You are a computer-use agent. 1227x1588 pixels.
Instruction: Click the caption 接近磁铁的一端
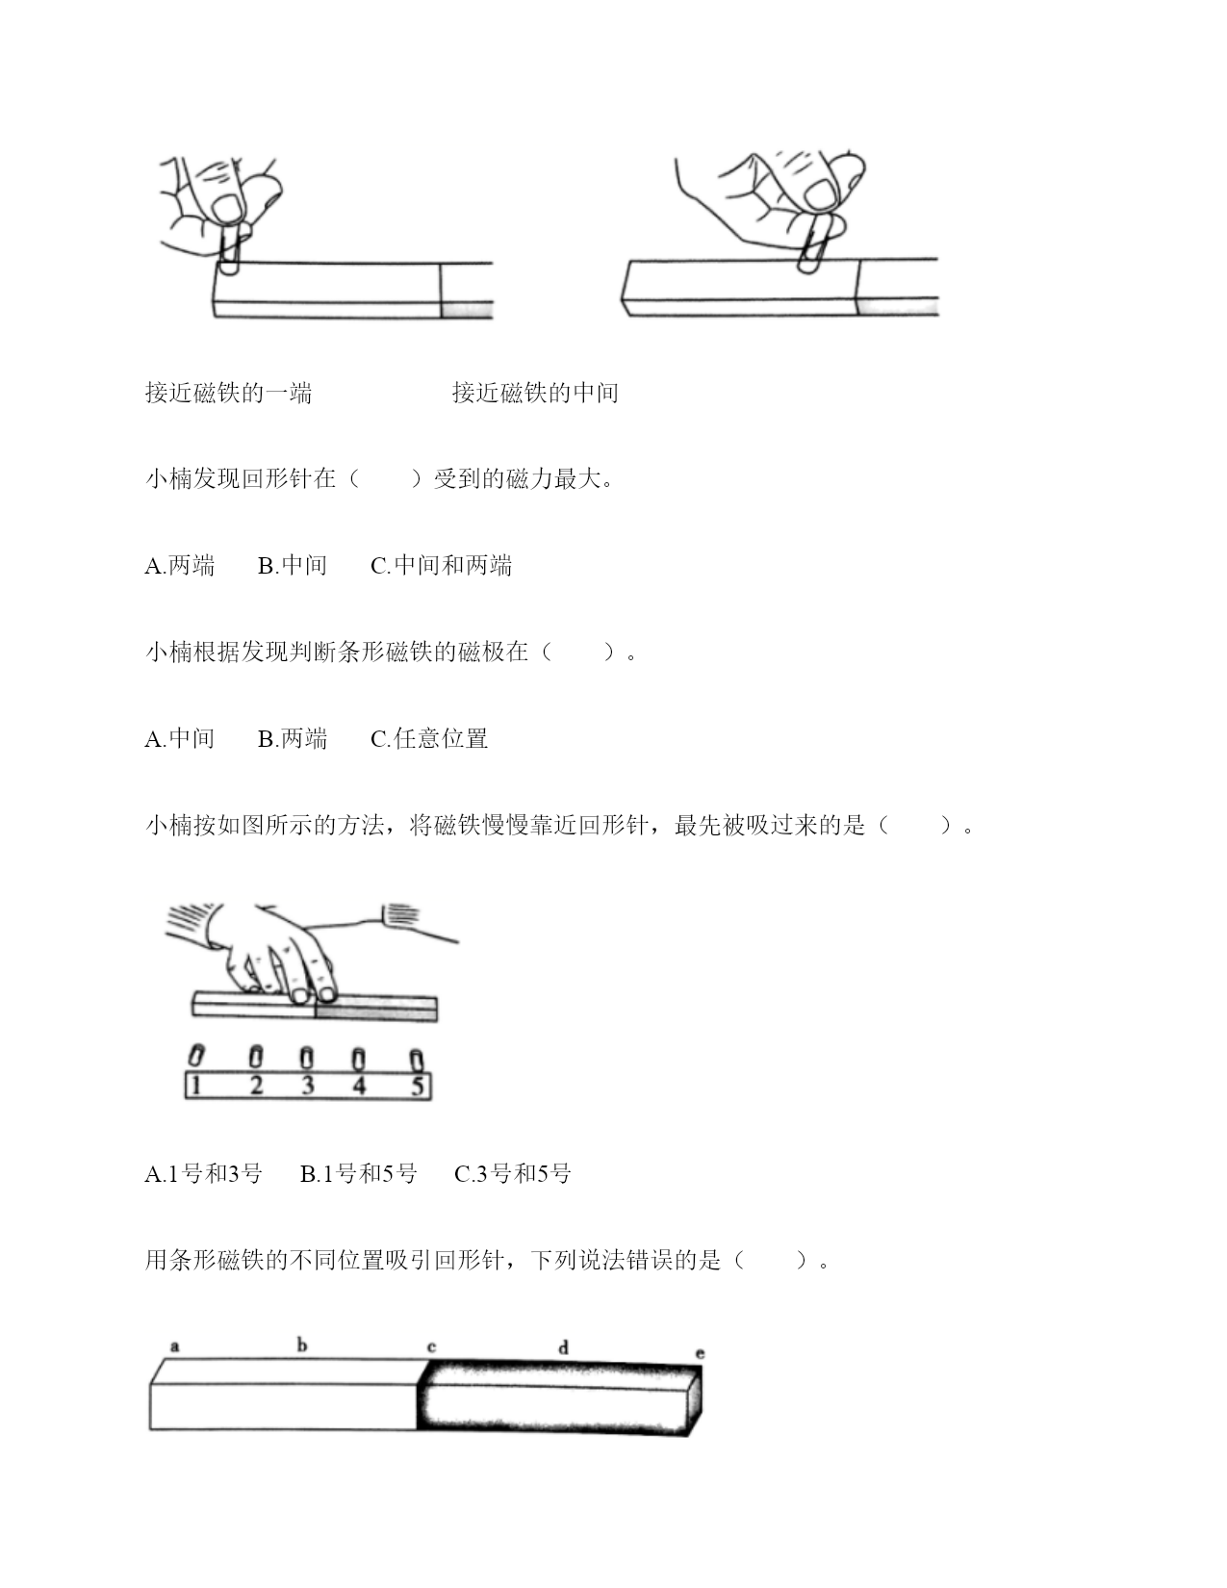(229, 394)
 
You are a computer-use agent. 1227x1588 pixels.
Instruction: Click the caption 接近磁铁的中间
(535, 394)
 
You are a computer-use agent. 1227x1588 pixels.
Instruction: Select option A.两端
(180, 566)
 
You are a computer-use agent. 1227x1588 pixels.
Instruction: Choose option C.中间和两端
(442, 566)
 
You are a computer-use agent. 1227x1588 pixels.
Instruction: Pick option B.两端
(293, 739)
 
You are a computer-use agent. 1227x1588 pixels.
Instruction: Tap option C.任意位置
(429, 739)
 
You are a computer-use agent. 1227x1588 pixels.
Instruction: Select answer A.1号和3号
(204, 1173)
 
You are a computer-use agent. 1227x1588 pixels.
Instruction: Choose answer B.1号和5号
(359, 1173)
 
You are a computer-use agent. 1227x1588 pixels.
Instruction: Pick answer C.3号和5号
(512, 1173)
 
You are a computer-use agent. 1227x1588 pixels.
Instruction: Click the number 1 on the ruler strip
(194, 1087)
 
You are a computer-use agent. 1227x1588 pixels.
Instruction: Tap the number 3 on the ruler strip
(307, 1086)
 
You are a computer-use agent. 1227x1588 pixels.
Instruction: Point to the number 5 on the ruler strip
(418, 1087)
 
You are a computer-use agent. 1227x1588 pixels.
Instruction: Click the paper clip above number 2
(255, 1057)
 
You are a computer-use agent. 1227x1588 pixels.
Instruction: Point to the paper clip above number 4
(358, 1059)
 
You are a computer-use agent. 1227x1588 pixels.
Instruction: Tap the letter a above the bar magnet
(174, 1345)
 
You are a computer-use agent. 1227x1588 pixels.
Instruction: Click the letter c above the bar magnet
(431, 1346)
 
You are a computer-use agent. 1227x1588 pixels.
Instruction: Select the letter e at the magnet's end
(700, 1353)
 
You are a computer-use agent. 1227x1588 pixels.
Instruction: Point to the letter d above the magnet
(563, 1346)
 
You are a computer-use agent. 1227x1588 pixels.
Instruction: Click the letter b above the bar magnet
(302, 1344)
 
